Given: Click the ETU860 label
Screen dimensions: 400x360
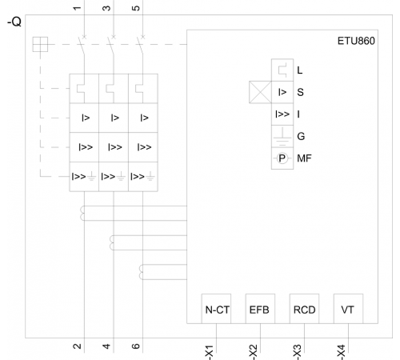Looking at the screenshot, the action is click(x=356, y=41).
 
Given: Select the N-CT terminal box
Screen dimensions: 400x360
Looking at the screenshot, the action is click(x=216, y=309).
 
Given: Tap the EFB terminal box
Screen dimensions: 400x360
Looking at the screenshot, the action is click(x=260, y=309).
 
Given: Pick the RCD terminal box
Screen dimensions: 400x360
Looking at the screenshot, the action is click(x=304, y=309).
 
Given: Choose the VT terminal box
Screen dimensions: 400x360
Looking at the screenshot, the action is click(x=348, y=309).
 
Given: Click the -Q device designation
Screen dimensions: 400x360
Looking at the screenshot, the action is click(x=14, y=22).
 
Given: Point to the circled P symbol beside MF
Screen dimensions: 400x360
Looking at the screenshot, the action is click(x=282, y=158).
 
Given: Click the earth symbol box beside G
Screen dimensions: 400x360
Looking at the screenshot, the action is click(x=282, y=136).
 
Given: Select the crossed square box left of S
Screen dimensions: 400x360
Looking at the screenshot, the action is click(x=260, y=92).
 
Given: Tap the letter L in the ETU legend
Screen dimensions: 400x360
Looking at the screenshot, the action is click(x=300, y=70).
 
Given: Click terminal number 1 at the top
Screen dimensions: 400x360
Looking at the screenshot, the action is click(x=77, y=8).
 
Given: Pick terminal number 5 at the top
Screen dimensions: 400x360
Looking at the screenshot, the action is click(x=136, y=8).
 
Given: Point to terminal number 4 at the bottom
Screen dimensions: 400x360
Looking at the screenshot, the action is click(x=106, y=346).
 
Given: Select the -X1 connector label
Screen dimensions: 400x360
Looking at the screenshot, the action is click(x=210, y=352).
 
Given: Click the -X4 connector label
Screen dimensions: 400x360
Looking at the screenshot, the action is click(x=342, y=352).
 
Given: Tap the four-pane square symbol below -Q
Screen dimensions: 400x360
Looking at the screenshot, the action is click(x=40, y=44).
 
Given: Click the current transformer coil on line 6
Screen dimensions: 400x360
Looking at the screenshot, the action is click(x=142, y=272).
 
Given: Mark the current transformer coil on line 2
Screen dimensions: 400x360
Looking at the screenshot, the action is click(x=82, y=214).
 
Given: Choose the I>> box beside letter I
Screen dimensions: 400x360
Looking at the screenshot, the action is click(x=282, y=114).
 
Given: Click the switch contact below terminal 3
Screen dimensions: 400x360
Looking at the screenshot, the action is click(x=111, y=46).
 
